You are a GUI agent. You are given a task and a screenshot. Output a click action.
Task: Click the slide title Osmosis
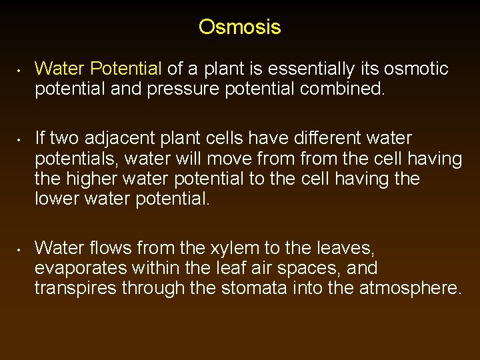click(239, 27)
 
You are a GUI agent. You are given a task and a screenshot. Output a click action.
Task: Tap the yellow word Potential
click(126, 69)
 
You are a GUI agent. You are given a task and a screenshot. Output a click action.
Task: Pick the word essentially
click(323, 69)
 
